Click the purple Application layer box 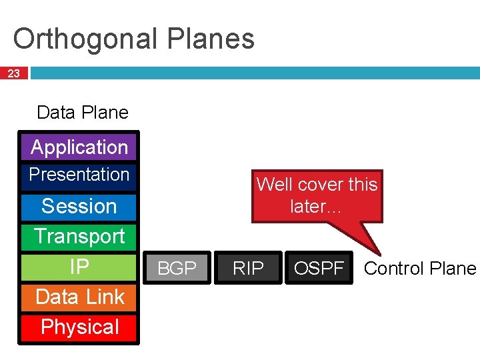tap(79, 147)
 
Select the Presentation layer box tap(79, 175)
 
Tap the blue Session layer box tap(79, 207)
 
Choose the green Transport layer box tap(79, 237)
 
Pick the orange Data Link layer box tap(79, 297)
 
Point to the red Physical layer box tap(79, 327)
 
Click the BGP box tap(177, 268)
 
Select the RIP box tap(248, 268)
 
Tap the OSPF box tap(319, 268)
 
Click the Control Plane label tap(420, 269)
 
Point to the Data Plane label tap(83, 113)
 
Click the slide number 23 tap(13, 73)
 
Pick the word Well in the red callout tap(273, 185)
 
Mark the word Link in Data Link tap(107, 297)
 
